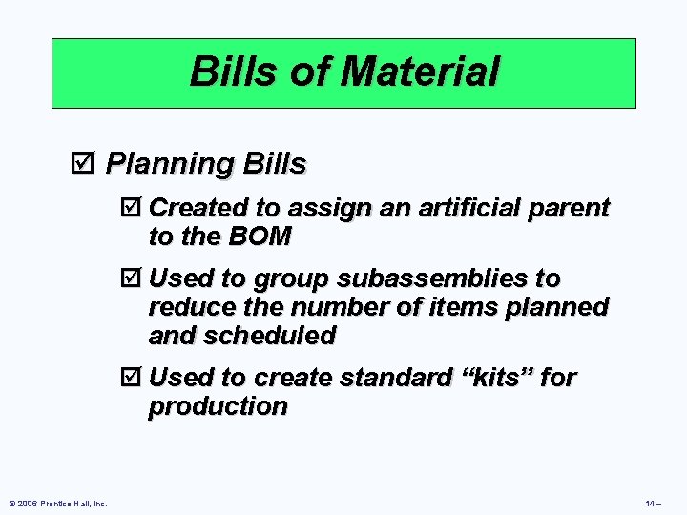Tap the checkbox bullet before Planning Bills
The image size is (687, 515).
tap(83, 164)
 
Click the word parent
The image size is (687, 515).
tap(572, 208)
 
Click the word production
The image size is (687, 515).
tap(218, 406)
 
